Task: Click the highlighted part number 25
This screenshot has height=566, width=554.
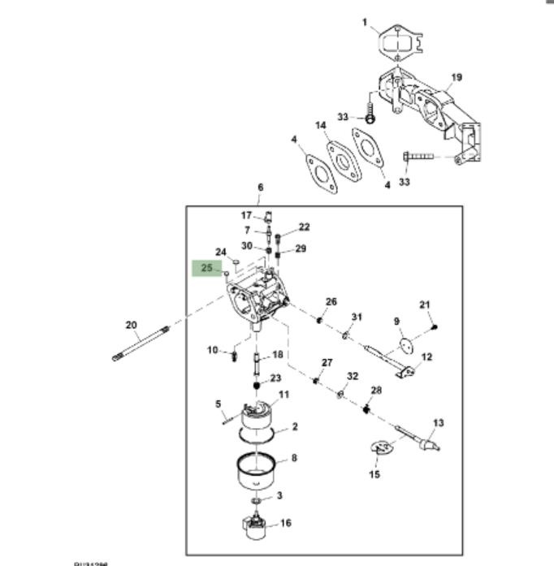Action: [x=206, y=267]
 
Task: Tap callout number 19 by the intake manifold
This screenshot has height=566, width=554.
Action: [x=456, y=78]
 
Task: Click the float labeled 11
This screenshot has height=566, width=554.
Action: [x=260, y=415]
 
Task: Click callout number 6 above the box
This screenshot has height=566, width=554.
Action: [x=260, y=188]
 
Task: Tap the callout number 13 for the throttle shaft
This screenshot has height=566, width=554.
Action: [x=439, y=422]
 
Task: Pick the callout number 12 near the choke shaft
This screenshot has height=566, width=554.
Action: [x=426, y=356]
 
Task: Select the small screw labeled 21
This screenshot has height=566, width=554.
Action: [x=435, y=326]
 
